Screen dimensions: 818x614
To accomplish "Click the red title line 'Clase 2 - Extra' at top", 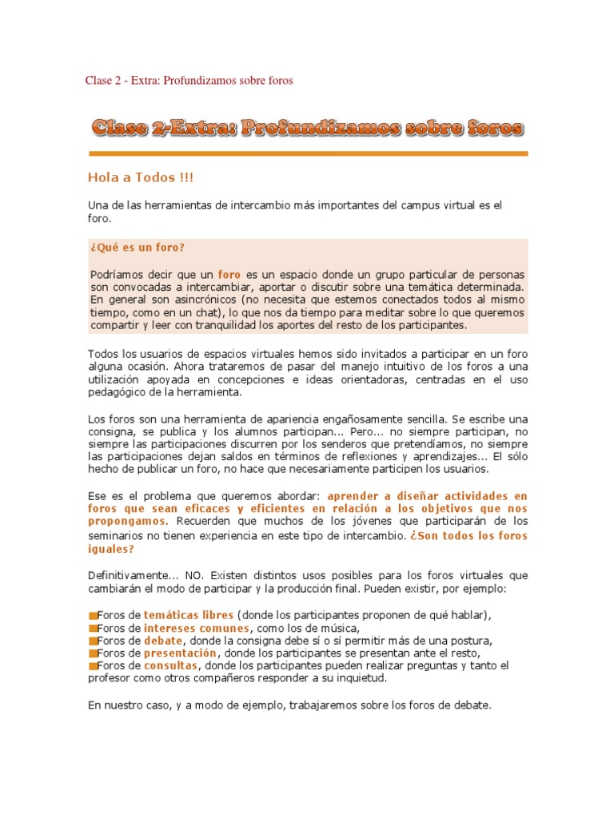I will (189, 81).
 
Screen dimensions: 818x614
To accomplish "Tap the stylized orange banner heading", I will (308, 127).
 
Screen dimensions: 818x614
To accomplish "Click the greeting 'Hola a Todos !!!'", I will (140, 177).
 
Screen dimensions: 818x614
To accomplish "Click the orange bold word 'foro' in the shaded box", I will (229, 274).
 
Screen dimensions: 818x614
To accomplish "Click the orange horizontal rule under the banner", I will (308, 153).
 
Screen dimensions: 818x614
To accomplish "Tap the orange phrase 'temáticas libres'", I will (189, 615).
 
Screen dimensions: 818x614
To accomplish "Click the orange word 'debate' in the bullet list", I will (163, 641).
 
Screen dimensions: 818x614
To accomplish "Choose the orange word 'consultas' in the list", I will (170, 665).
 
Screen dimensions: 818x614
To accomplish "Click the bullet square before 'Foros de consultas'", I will (92, 666).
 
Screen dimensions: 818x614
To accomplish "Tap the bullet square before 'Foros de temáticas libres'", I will (92, 616).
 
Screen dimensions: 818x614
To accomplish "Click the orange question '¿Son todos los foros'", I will (468, 536).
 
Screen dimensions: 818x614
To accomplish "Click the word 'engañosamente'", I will (381, 419).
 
